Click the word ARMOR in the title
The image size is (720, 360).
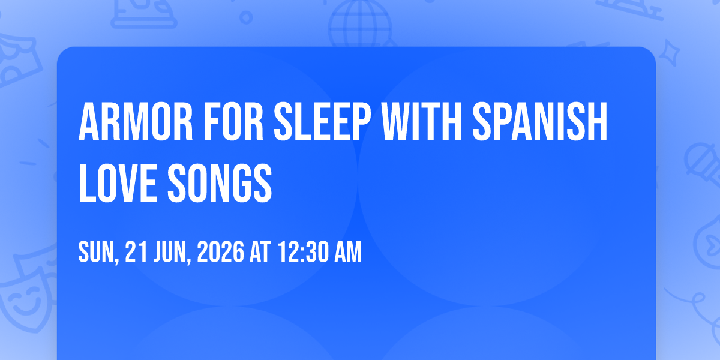(x=136, y=121)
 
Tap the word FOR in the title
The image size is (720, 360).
(x=233, y=121)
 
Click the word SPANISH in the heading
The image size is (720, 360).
(x=540, y=121)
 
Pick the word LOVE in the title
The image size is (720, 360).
(x=118, y=183)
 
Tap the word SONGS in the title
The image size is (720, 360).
(x=220, y=183)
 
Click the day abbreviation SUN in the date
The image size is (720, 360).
(x=98, y=252)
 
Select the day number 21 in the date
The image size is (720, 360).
(x=136, y=251)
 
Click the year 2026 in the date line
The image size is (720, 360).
(x=221, y=251)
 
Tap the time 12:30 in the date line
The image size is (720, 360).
(x=304, y=251)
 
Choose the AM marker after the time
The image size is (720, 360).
(x=348, y=251)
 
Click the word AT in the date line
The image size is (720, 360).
(x=260, y=251)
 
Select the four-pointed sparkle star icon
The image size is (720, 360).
(x=670, y=53)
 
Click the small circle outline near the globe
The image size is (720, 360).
(x=246, y=17)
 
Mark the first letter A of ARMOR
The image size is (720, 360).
(x=89, y=121)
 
